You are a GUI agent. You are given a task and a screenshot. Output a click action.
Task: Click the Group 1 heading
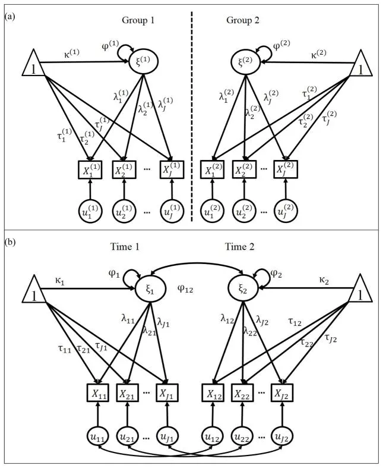click(138, 20)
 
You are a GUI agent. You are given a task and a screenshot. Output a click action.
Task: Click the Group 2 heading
click(243, 20)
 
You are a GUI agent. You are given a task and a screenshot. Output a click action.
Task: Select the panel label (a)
click(10, 17)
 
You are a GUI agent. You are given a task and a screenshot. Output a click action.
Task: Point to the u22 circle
click(245, 437)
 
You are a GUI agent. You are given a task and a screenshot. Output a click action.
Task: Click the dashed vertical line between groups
click(192, 119)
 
